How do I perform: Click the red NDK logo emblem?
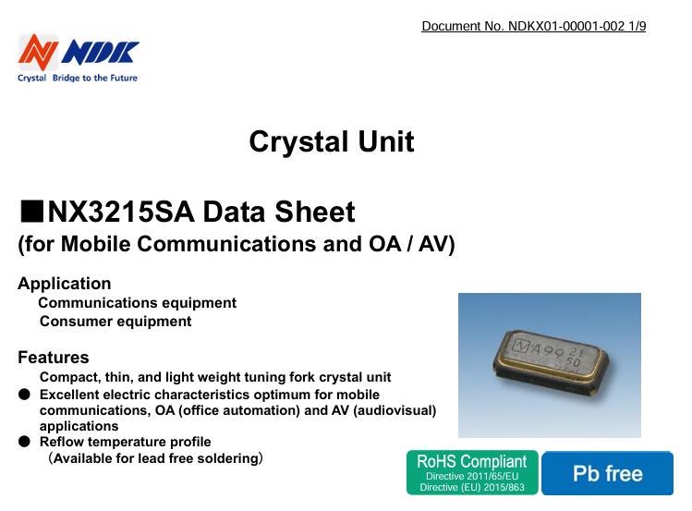tap(39, 52)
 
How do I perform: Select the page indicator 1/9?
tap(636, 26)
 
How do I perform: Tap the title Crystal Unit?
tap(331, 142)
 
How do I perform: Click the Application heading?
tap(65, 284)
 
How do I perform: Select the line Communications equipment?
tap(137, 303)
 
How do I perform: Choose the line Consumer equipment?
tap(115, 322)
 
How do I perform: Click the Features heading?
tap(54, 358)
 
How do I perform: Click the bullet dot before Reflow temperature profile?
tap(25, 442)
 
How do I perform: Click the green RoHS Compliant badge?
tap(471, 472)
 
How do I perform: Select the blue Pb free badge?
tap(607, 473)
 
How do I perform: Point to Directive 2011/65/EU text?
tap(471, 475)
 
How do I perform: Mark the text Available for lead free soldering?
tap(155, 457)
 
